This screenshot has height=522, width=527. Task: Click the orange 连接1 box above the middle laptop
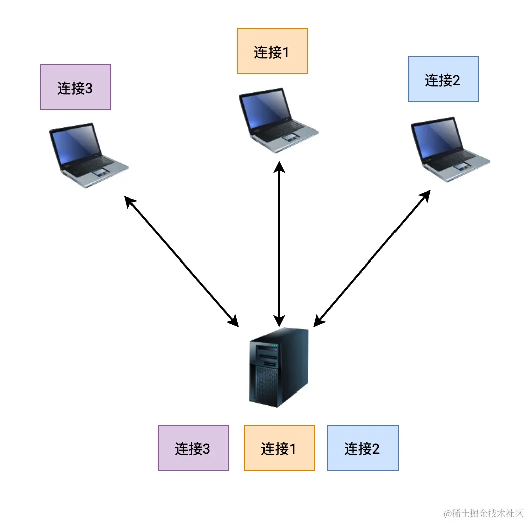272,51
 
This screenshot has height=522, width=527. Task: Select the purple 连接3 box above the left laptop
75,87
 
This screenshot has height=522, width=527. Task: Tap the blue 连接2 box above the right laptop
443,79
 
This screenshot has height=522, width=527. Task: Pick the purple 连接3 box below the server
193,448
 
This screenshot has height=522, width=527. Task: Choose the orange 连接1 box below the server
279,448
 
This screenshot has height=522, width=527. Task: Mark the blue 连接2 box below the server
362,448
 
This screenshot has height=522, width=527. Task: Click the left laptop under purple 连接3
88,156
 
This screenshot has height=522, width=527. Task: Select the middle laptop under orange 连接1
277,120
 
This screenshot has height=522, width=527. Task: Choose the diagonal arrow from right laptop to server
371,259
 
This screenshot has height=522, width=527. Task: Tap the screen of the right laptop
436,139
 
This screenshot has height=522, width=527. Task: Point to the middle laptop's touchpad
291,137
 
